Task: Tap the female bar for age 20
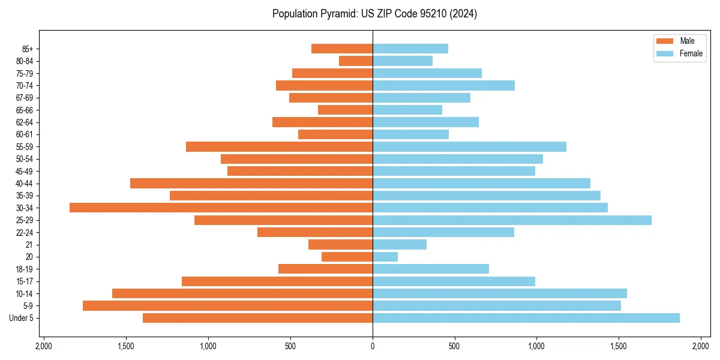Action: click(385, 257)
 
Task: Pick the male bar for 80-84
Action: click(356, 61)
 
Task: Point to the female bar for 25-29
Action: click(512, 220)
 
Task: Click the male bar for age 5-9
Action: click(227, 306)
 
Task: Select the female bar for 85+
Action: click(410, 49)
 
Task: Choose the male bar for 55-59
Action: click(279, 146)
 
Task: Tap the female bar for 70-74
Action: click(443, 85)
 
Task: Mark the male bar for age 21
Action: click(340, 245)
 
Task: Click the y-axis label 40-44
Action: click(25, 184)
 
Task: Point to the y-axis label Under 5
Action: click(22, 318)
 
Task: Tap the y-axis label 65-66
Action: click(25, 110)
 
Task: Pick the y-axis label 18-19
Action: click(25, 269)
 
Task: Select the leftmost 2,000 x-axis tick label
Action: click(44, 347)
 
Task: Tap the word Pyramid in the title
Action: click(336, 14)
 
